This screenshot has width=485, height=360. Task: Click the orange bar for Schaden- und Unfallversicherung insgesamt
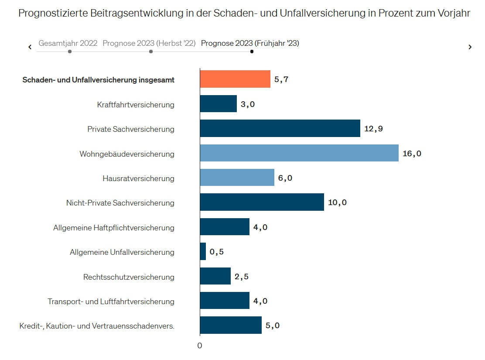click(x=235, y=79)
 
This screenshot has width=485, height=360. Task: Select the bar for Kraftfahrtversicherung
click(x=218, y=104)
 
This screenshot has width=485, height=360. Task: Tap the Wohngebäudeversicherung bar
click(x=299, y=153)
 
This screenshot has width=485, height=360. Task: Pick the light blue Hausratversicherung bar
click(x=237, y=178)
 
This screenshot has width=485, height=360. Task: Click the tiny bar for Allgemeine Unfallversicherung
click(x=203, y=252)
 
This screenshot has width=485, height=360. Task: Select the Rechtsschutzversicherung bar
click(x=215, y=276)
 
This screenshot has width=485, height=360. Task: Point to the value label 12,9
click(x=373, y=129)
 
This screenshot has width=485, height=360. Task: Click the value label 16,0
click(x=412, y=154)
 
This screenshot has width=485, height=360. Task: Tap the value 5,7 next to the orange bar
click(x=281, y=79)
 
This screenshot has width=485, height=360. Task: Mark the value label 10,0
click(x=337, y=202)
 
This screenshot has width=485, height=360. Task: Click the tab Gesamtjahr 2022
click(x=68, y=43)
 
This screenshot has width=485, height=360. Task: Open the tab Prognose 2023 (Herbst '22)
click(x=149, y=43)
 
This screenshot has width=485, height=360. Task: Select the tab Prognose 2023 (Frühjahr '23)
click(x=250, y=43)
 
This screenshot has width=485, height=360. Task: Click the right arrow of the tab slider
click(x=470, y=47)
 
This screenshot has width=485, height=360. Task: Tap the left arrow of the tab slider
click(x=30, y=47)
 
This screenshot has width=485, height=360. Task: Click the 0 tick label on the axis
click(x=200, y=346)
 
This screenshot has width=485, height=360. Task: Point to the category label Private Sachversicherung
click(x=131, y=129)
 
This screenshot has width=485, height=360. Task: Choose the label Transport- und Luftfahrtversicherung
click(x=111, y=302)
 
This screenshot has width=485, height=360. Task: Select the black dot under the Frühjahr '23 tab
click(x=252, y=51)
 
